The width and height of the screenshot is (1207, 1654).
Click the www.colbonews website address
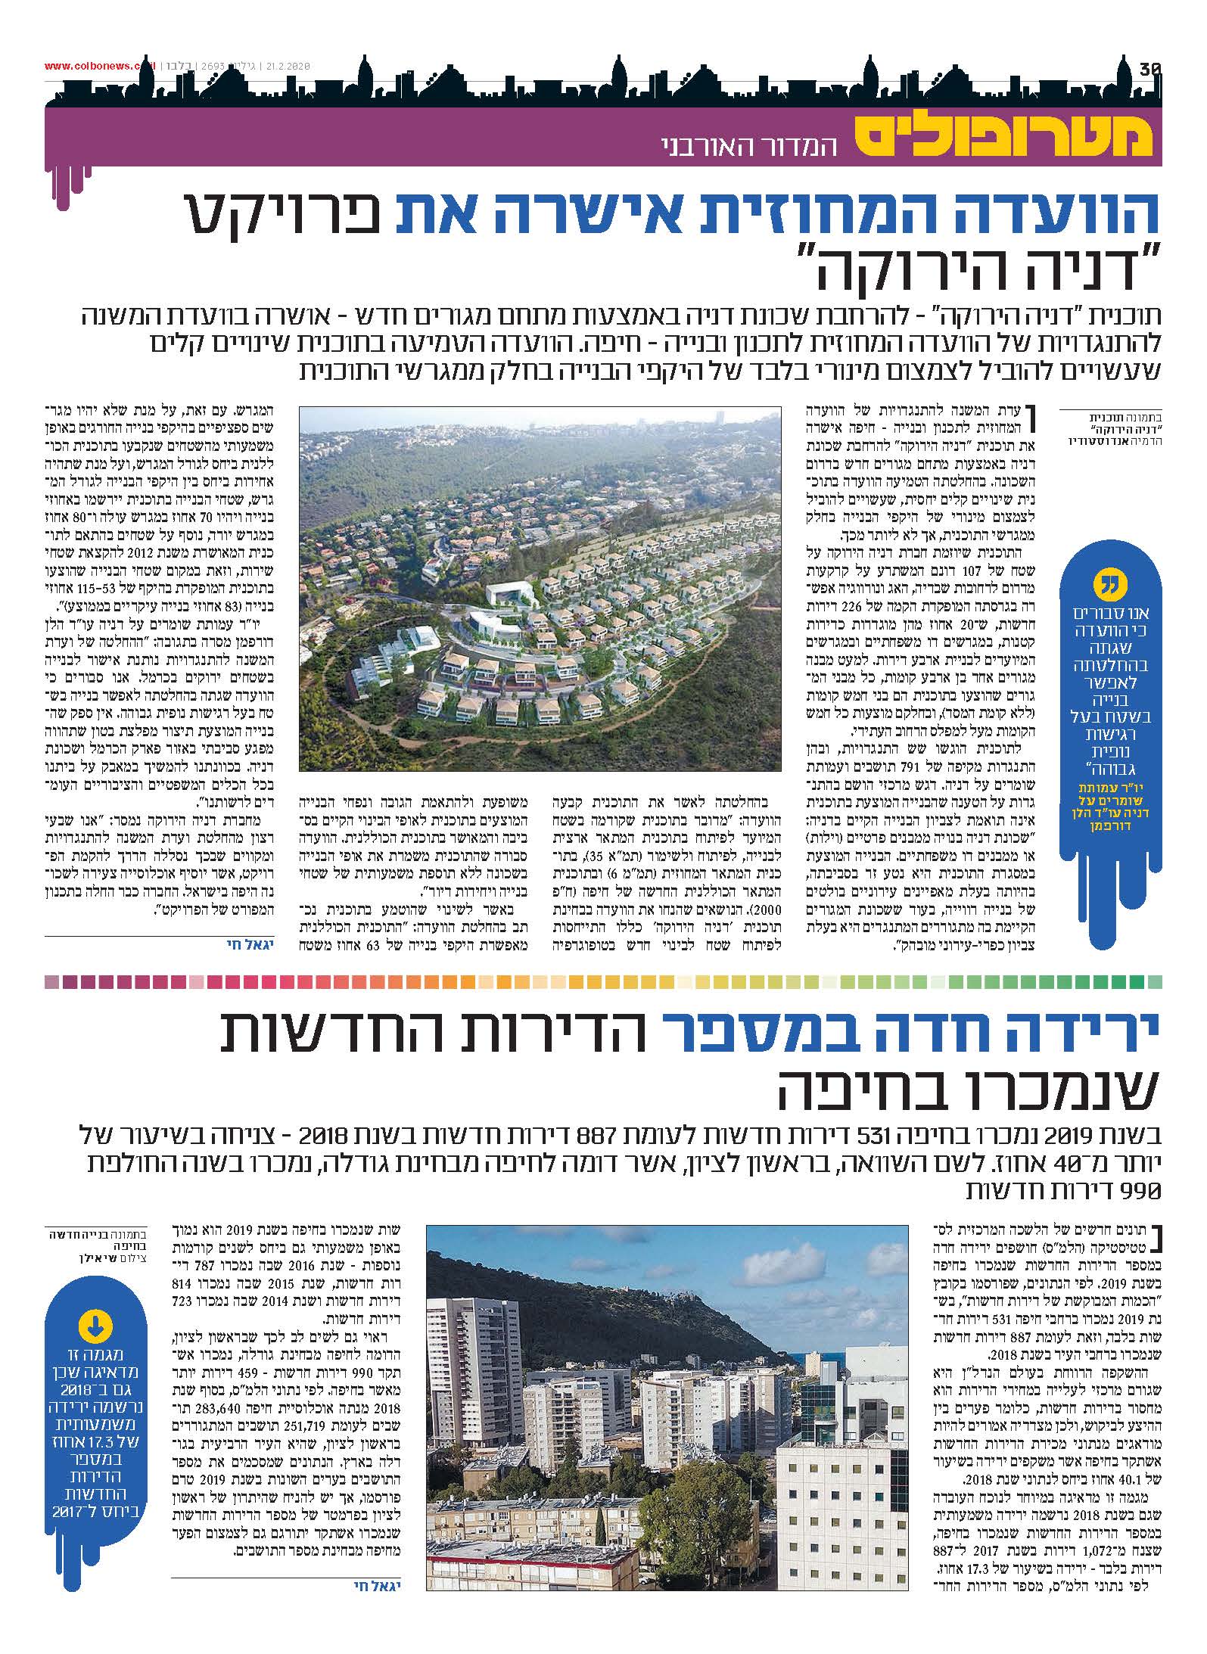tap(98, 66)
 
